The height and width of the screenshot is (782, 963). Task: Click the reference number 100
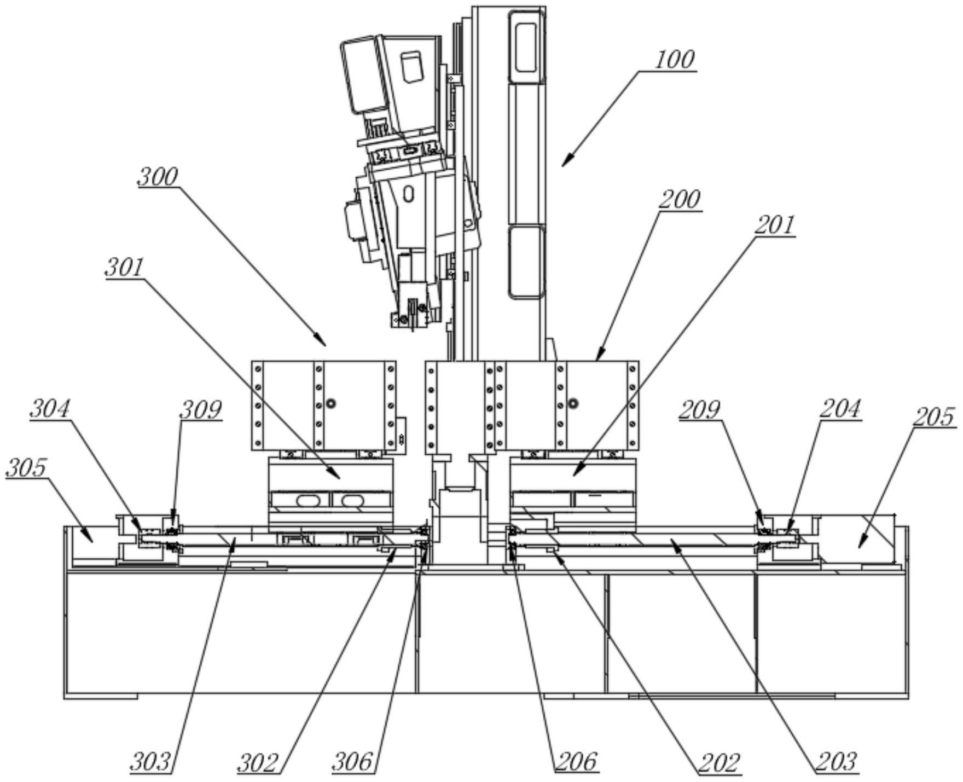tap(675, 60)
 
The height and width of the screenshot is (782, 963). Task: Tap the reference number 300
tap(158, 177)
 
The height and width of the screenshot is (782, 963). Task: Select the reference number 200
tap(679, 200)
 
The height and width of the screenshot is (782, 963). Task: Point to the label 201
tap(774, 225)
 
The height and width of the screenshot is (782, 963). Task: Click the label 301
tap(125, 268)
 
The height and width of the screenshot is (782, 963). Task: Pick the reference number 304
tap(50, 409)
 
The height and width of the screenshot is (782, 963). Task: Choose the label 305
tap(26, 468)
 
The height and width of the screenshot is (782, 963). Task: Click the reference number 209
tap(699, 410)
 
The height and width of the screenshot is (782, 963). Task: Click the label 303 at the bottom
tap(150, 762)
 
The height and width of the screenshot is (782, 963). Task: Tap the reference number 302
tap(258, 762)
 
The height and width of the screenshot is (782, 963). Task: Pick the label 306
tap(353, 762)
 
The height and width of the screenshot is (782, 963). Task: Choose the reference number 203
tap(836, 762)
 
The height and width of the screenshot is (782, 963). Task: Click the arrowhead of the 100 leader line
tap(564, 164)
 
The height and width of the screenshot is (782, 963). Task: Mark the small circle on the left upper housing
tap(330, 404)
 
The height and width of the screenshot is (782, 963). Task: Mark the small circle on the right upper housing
tap(573, 404)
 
